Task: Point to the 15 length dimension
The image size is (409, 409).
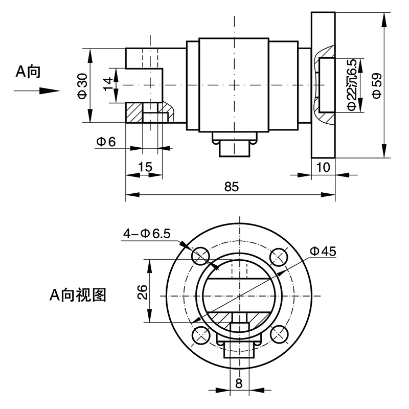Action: (x=145, y=167)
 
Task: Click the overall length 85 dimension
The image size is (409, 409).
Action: (x=231, y=187)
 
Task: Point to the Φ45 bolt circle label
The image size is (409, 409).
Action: (x=322, y=251)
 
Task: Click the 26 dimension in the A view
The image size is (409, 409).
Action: (x=143, y=291)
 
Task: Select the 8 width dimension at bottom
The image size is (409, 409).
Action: (x=238, y=382)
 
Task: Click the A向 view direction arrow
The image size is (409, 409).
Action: (x=36, y=91)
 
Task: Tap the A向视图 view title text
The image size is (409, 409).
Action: (x=78, y=294)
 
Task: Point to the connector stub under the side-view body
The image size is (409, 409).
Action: (x=234, y=148)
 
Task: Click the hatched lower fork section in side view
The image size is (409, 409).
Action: (x=135, y=112)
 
